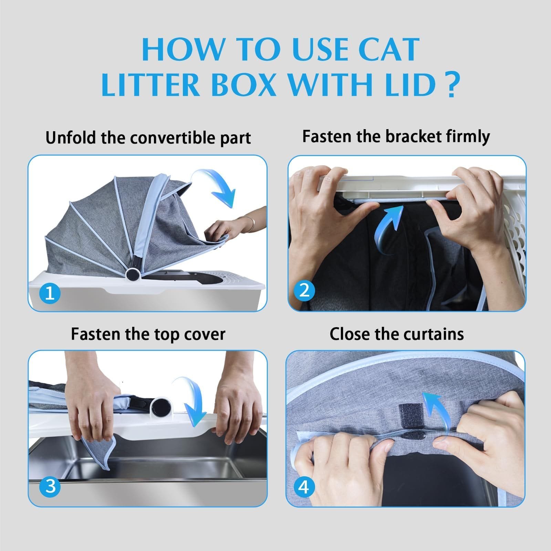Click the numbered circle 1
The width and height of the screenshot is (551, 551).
point(50,293)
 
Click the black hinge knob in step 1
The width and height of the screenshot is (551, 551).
point(132,275)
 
